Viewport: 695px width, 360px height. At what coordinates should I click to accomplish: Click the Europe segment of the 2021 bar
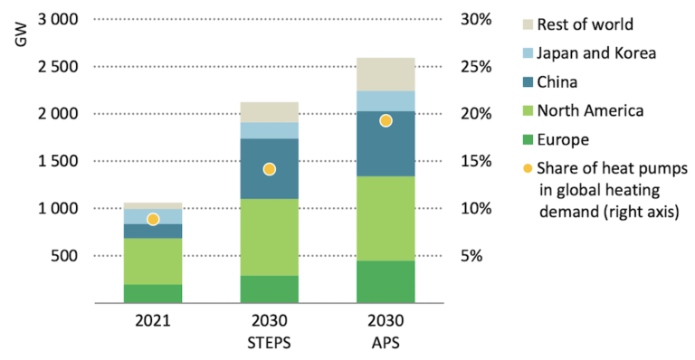152,293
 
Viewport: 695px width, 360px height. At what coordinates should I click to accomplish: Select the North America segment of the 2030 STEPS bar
269,237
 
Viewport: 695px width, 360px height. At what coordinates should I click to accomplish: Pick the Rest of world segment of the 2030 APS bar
386,74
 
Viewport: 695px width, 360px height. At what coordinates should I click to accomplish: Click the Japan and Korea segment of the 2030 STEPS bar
269,130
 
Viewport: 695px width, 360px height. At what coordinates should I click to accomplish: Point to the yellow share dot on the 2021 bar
152,219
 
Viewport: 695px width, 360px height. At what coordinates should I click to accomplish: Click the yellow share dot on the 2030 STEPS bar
269,169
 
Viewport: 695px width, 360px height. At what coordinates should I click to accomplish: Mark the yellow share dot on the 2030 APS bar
386,120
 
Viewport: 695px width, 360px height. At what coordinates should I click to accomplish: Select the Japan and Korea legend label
595,53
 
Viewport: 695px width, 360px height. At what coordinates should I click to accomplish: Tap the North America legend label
590,111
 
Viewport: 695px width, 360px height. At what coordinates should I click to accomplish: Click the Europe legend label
563,140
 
